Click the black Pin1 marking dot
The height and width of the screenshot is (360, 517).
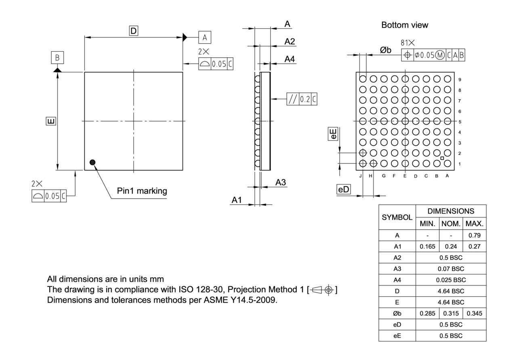pyautogui.click(x=93, y=162)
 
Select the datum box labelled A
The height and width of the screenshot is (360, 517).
pyautogui.click(x=204, y=38)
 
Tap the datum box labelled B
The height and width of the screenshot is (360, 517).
pyautogui.click(x=57, y=58)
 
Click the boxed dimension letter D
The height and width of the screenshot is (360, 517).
pyautogui.click(x=133, y=30)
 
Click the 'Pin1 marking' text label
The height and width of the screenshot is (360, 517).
pyautogui.click(x=142, y=191)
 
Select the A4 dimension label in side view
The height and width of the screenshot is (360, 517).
pyautogui.click(x=290, y=59)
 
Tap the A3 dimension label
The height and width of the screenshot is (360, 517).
pyautogui.click(x=281, y=182)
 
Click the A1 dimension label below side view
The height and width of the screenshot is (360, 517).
pyautogui.click(x=237, y=200)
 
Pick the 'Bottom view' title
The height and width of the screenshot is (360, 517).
pyautogui.click(x=405, y=25)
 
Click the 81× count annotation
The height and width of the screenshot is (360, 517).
pyautogui.click(x=408, y=42)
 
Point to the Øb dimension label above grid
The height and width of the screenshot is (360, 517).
pyautogui.click(x=385, y=50)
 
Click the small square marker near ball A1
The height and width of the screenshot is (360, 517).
pyautogui.click(x=442, y=158)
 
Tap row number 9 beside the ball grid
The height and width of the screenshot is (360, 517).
pyautogui.click(x=460, y=80)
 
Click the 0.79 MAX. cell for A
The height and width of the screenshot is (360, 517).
pyautogui.click(x=475, y=235)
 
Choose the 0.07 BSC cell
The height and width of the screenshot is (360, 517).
pyautogui.click(x=451, y=268)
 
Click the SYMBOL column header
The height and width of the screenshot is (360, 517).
pyautogui.click(x=397, y=217)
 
